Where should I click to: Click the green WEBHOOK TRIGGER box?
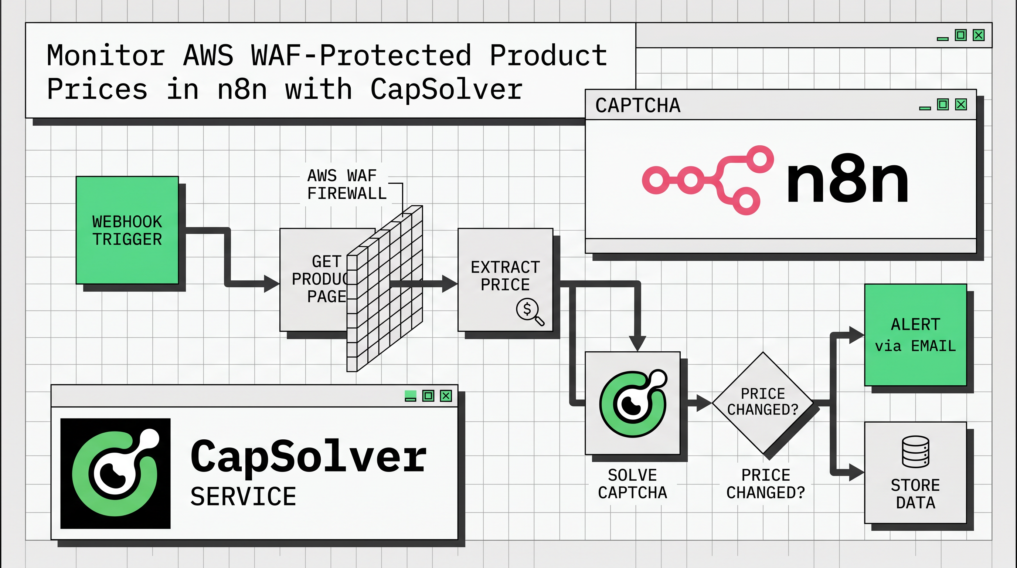(127, 230)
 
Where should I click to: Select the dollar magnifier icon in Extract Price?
(530, 312)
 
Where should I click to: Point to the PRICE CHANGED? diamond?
(762, 402)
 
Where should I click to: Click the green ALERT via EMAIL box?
(915, 335)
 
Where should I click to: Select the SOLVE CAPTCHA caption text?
(632, 484)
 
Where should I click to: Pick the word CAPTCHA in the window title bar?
(637, 105)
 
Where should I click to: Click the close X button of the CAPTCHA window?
(960, 105)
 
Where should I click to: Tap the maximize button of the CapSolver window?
(428, 395)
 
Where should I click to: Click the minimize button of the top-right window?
(942, 38)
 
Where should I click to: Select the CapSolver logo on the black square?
(115, 473)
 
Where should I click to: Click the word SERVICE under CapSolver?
(243, 497)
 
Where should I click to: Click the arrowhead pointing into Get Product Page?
(271, 284)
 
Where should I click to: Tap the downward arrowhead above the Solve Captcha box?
(637, 343)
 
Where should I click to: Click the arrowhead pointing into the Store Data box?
(856, 473)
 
